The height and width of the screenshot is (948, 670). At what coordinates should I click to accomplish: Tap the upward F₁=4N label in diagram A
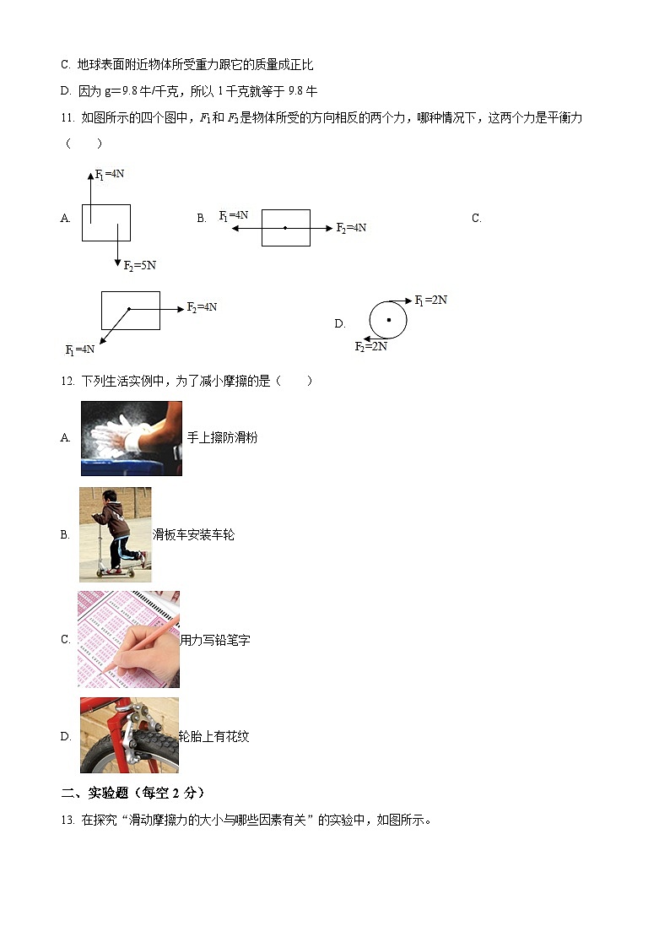110,174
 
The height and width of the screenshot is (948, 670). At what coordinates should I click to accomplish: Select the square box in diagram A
106,223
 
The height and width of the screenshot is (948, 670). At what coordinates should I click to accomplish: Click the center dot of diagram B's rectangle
285,227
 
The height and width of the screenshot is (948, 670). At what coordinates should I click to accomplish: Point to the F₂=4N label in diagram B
351,227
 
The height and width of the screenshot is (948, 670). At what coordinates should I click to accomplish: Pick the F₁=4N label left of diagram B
234,215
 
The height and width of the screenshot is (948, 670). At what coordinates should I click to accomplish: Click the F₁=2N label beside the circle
431,300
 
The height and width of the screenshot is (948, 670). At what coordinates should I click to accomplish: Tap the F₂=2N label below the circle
370,346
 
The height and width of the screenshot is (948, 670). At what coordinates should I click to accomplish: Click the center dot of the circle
388,320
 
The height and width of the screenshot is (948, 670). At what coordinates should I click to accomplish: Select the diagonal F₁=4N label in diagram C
80,349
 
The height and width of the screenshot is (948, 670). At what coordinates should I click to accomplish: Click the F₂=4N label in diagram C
202,307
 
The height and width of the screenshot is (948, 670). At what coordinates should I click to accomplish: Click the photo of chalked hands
131,438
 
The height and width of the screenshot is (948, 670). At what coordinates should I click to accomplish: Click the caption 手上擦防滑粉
222,437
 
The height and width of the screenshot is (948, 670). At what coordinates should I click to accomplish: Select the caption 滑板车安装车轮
193,534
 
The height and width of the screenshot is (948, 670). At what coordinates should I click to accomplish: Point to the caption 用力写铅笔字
215,640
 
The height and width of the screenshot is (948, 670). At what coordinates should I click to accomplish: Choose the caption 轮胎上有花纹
214,736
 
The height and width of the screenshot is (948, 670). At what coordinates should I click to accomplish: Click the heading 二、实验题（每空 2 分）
132,793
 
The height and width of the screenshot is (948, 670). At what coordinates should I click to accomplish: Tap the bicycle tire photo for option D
129,735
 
